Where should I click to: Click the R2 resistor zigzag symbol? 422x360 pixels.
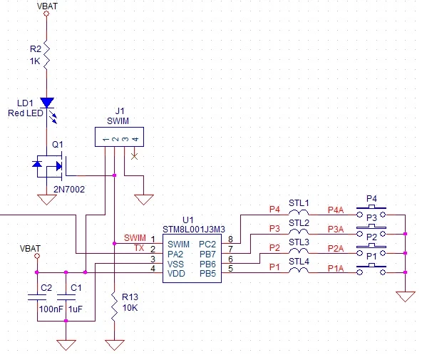coord(46,55)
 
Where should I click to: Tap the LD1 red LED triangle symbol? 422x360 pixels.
coord(47,103)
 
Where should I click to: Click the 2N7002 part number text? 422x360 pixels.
coord(69,190)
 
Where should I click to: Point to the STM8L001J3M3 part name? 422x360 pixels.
coord(194,230)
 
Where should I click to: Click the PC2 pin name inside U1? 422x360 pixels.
coord(207,245)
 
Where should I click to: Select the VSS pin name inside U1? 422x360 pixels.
coord(175,264)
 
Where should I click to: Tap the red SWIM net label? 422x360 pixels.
coord(135,238)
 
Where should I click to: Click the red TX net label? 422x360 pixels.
coord(139,248)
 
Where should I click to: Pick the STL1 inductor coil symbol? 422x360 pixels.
coord(299,212)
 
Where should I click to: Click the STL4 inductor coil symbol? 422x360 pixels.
coord(299,271)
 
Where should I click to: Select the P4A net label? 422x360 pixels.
coord(336,210)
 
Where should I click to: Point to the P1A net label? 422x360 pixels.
coord(336,268)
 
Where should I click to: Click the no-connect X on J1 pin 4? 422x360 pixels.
coord(134,156)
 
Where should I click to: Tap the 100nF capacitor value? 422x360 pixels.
coord(51,309)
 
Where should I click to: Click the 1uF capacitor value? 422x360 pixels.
coord(76,309)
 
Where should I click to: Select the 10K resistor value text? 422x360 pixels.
coord(130,308)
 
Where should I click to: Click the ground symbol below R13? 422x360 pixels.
coord(114,345)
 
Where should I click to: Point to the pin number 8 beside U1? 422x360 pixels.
coord(230,239)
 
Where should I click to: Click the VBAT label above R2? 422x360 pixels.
coord(47,6)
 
